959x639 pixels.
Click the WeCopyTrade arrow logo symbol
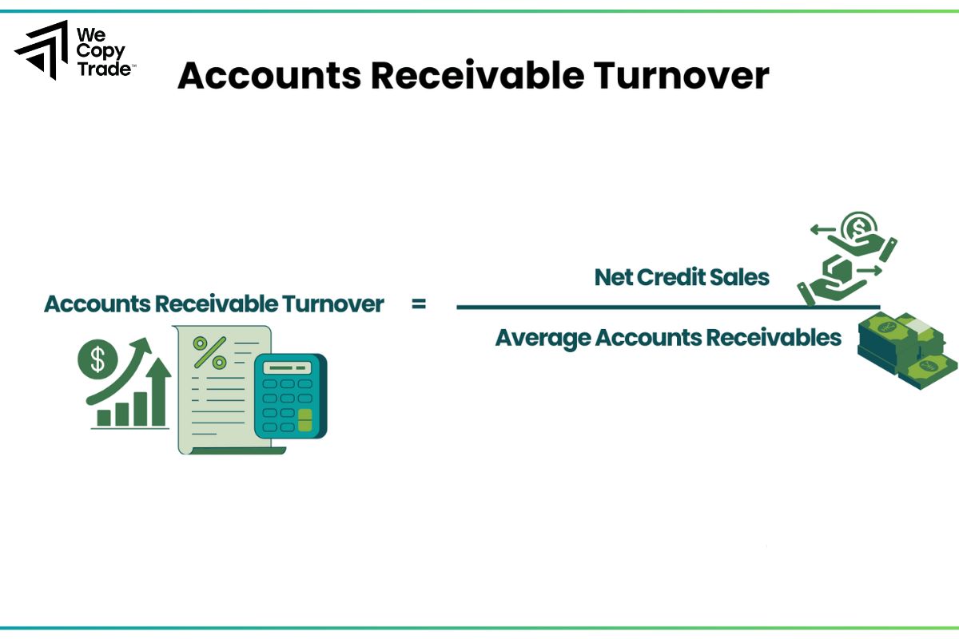(x=42, y=50)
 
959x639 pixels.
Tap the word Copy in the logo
(x=100, y=53)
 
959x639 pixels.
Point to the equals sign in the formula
(x=418, y=304)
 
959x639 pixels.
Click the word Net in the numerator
(x=613, y=277)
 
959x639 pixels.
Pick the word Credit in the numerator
(x=675, y=277)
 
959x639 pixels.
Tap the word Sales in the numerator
(x=744, y=277)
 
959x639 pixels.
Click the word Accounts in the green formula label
(x=96, y=304)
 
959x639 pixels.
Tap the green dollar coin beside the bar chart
(x=97, y=359)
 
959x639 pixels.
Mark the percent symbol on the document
(x=210, y=351)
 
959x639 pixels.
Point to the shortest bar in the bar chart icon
(x=104, y=417)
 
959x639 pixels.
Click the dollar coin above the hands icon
(x=859, y=226)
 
